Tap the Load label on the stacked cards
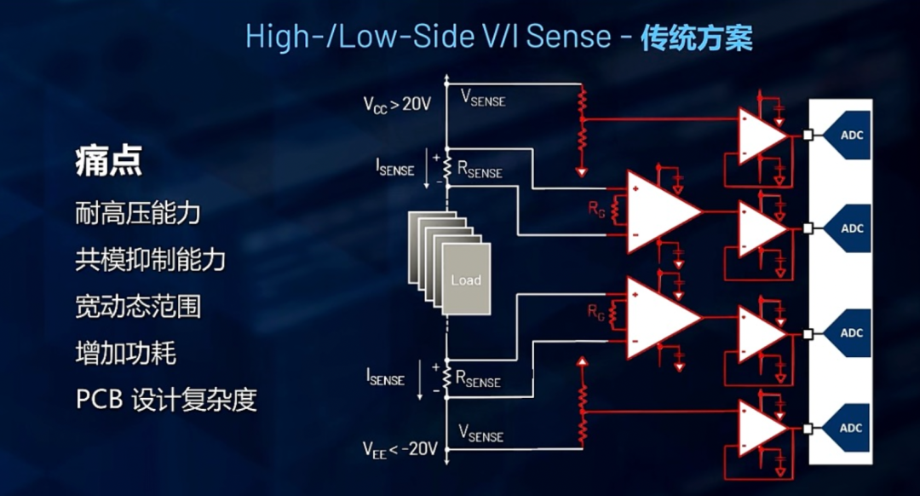(x=465, y=280)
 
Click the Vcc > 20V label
(x=399, y=105)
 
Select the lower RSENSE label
(x=478, y=380)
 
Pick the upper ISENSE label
(x=394, y=168)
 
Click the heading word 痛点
(x=107, y=160)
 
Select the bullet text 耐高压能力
(x=137, y=212)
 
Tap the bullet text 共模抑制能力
(x=150, y=259)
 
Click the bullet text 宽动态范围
(x=137, y=305)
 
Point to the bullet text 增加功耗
(x=125, y=352)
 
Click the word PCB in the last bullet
(x=98, y=399)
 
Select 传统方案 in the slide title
(x=696, y=37)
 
